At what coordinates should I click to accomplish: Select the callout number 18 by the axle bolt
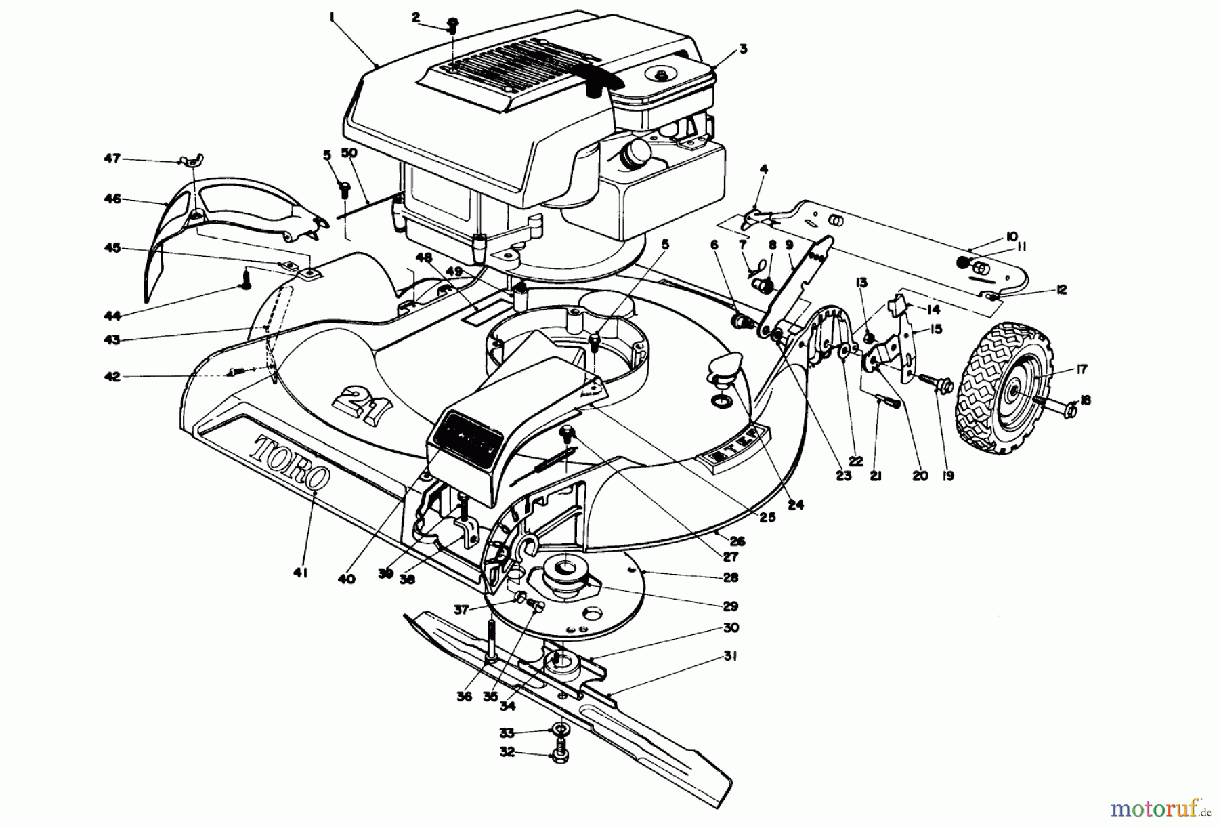(1085, 400)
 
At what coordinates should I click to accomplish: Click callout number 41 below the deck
(301, 573)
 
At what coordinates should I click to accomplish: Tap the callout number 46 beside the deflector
(112, 199)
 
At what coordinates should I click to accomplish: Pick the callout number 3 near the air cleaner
(742, 48)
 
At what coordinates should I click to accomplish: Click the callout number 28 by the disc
(730, 577)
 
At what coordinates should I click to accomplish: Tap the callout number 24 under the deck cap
(796, 505)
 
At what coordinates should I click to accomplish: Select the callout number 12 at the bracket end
(1061, 289)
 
